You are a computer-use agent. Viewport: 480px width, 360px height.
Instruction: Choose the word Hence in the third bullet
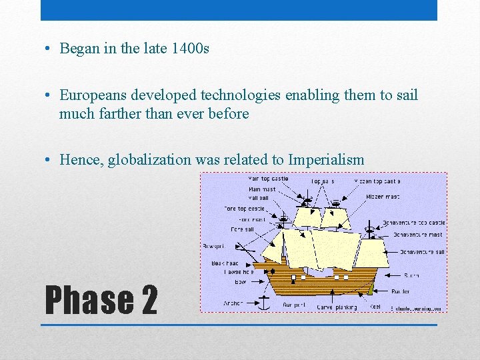[x=79, y=159]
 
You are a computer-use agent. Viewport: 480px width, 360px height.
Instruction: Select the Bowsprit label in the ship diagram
[x=214, y=246]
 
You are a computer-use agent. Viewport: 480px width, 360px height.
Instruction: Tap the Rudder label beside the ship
[x=401, y=291]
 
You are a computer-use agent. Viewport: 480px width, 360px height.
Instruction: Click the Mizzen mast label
[x=383, y=197]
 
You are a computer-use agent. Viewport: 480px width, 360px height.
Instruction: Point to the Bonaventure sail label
[x=422, y=252]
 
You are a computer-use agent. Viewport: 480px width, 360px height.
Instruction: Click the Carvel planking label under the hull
[x=337, y=307]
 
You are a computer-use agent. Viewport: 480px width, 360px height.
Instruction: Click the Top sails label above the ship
[x=323, y=181]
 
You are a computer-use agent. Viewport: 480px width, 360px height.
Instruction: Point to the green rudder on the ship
[x=371, y=290]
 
